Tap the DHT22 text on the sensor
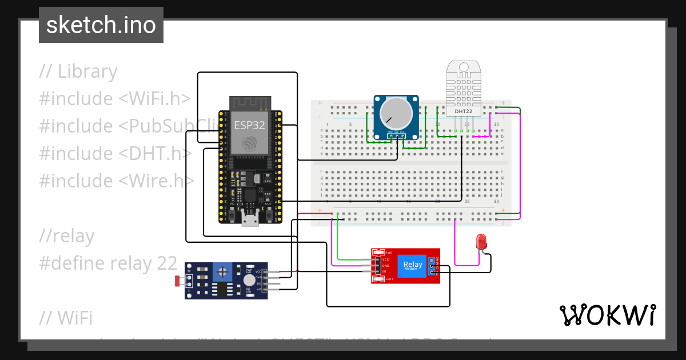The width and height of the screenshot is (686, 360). click(463, 111)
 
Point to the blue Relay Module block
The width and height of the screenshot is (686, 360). click(413, 266)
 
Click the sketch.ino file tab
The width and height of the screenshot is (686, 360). click(101, 25)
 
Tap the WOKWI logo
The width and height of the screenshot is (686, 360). click(607, 315)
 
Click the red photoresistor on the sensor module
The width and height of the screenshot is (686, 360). click(178, 280)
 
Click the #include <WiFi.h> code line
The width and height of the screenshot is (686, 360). click(114, 99)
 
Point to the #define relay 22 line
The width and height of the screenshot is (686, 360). click(108, 263)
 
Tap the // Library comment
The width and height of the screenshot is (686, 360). click(78, 71)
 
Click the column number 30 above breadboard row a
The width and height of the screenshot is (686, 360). click(496, 125)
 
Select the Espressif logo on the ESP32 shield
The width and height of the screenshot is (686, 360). click(249, 143)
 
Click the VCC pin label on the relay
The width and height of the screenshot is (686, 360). click(386, 260)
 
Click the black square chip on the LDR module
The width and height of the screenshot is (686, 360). click(220, 289)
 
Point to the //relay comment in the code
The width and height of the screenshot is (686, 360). click(67, 236)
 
